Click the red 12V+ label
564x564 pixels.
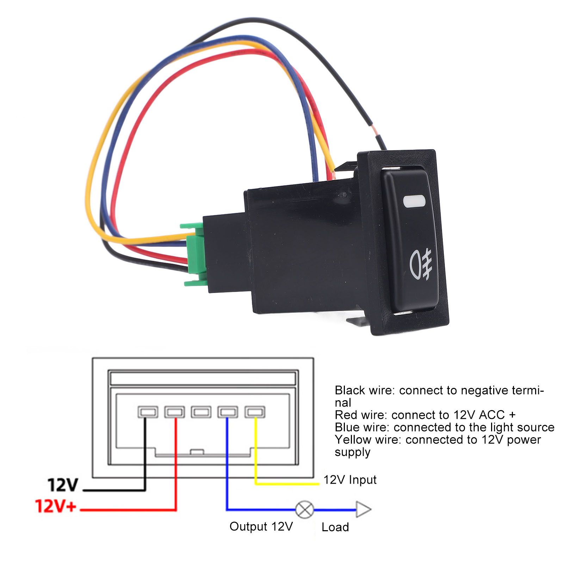pyautogui.click(x=56, y=506)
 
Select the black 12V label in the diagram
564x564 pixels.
pyautogui.click(x=63, y=485)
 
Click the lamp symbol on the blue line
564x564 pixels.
pyautogui.click(x=304, y=509)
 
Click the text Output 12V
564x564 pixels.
pyautogui.click(x=261, y=526)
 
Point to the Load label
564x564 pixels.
pyautogui.click(x=335, y=527)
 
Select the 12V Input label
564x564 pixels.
pyautogui.click(x=350, y=479)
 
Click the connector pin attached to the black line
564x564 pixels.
pyautogui.click(x=148, y=412)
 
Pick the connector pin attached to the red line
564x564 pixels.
pyautogui.click(x=174, y=412)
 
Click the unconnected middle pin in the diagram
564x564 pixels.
pyautogui.click(x=201, y=412)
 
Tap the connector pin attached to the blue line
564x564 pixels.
pyautogui.click(x=228, y=412)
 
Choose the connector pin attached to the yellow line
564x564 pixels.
pyautogui.click(x=255, y=412)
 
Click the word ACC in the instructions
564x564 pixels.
pyautogui.click(x=492, y=415)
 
